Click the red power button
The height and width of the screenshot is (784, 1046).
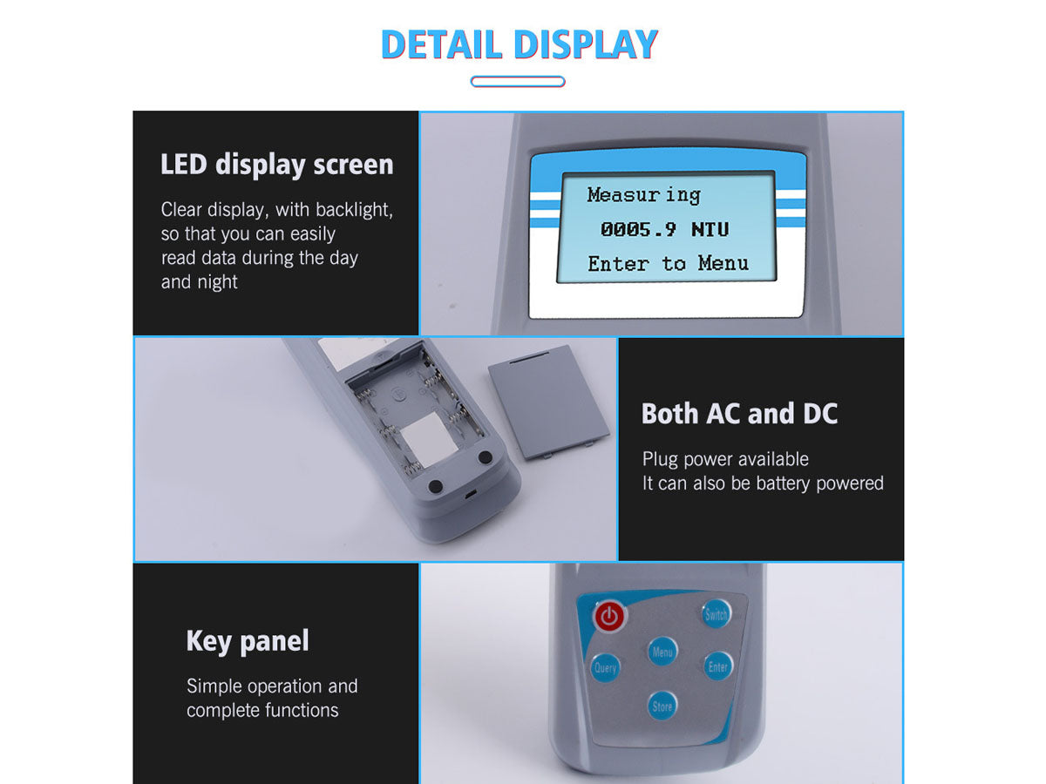tap(609, 617)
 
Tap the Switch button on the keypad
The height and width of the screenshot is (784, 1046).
tap(716, 614)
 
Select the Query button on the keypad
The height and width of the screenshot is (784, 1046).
tap(605, 667)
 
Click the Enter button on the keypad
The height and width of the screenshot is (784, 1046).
tap(717, 666)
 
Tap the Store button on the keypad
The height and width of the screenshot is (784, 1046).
tap(662, 706)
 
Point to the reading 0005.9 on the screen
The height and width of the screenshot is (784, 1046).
tap(638, 229)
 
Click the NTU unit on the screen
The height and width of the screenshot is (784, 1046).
tap(710, 229)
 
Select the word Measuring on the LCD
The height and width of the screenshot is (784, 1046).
tap(644, 195)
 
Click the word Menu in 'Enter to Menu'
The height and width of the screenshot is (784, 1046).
tap(723, 263)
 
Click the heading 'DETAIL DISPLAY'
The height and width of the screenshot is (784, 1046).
tap(520, 44)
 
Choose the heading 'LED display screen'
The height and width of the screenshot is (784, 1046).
tap(277, 165)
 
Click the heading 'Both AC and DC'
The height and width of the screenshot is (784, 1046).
tap(739, 413)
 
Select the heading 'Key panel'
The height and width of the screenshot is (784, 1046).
tap(248, 641)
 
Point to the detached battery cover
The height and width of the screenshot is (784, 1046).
tap(549, 402)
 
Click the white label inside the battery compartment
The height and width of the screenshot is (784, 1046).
tap(429, 438)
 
